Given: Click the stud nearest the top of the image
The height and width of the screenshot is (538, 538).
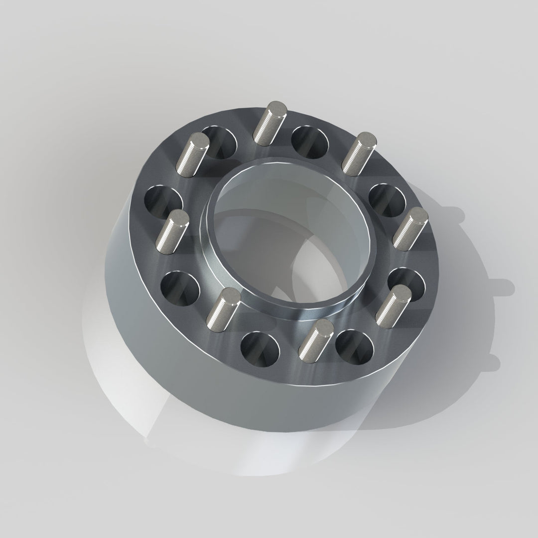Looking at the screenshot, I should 269,122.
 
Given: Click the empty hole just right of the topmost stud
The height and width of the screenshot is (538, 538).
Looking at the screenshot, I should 309,141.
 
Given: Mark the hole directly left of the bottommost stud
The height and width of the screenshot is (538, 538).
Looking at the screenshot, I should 260,348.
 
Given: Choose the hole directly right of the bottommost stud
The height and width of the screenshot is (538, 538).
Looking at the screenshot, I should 355,346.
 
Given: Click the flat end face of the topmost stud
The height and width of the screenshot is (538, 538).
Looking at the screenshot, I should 275,108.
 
